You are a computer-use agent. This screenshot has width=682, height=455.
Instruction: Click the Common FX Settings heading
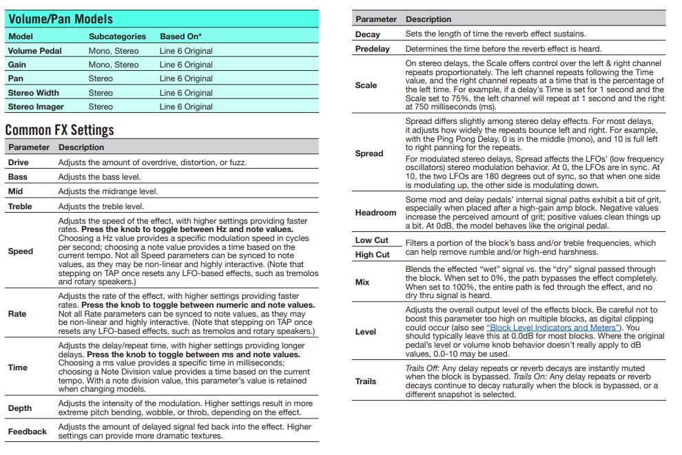coord(59,129)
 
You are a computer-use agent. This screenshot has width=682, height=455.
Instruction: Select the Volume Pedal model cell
coord(34,51)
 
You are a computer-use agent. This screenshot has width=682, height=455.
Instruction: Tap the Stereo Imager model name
coord(37,107)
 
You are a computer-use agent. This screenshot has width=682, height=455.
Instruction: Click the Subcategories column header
coord(117,36)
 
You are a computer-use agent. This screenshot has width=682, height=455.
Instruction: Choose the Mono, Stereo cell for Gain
coord(114,65)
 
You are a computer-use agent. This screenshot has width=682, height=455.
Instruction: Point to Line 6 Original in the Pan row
coord(186,78)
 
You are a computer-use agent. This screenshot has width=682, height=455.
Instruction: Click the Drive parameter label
coord(19,162)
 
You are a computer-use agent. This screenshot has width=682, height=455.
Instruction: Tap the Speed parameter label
coord(21,251)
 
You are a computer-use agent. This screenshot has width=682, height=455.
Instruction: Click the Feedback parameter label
coord(28,432)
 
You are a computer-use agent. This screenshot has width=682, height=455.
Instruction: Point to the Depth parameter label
coord(20,408)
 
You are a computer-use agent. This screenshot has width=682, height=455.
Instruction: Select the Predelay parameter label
coord(372,49)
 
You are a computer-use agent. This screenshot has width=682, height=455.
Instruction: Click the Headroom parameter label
coord(375,213)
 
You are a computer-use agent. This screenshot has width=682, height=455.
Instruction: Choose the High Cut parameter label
coord(372,255)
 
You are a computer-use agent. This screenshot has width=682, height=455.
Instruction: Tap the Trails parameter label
coord(366,381)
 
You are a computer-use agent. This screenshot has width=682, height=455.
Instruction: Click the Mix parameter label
coord(362,282)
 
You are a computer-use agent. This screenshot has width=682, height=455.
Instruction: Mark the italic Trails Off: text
coord(422,369)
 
